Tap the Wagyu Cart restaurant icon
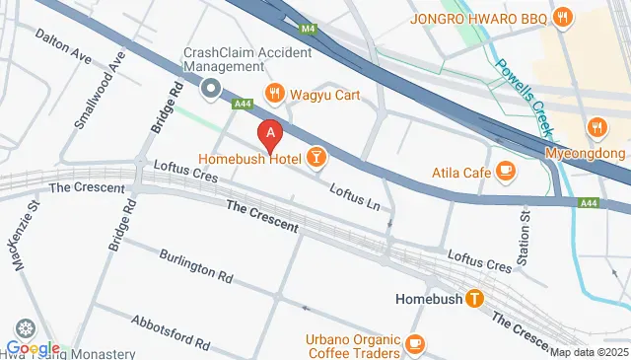click(274, 95)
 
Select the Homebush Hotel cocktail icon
click(315, 156)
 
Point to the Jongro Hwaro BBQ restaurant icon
click(562, 16)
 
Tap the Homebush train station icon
click(474, 298)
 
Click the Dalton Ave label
click(64, 47)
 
